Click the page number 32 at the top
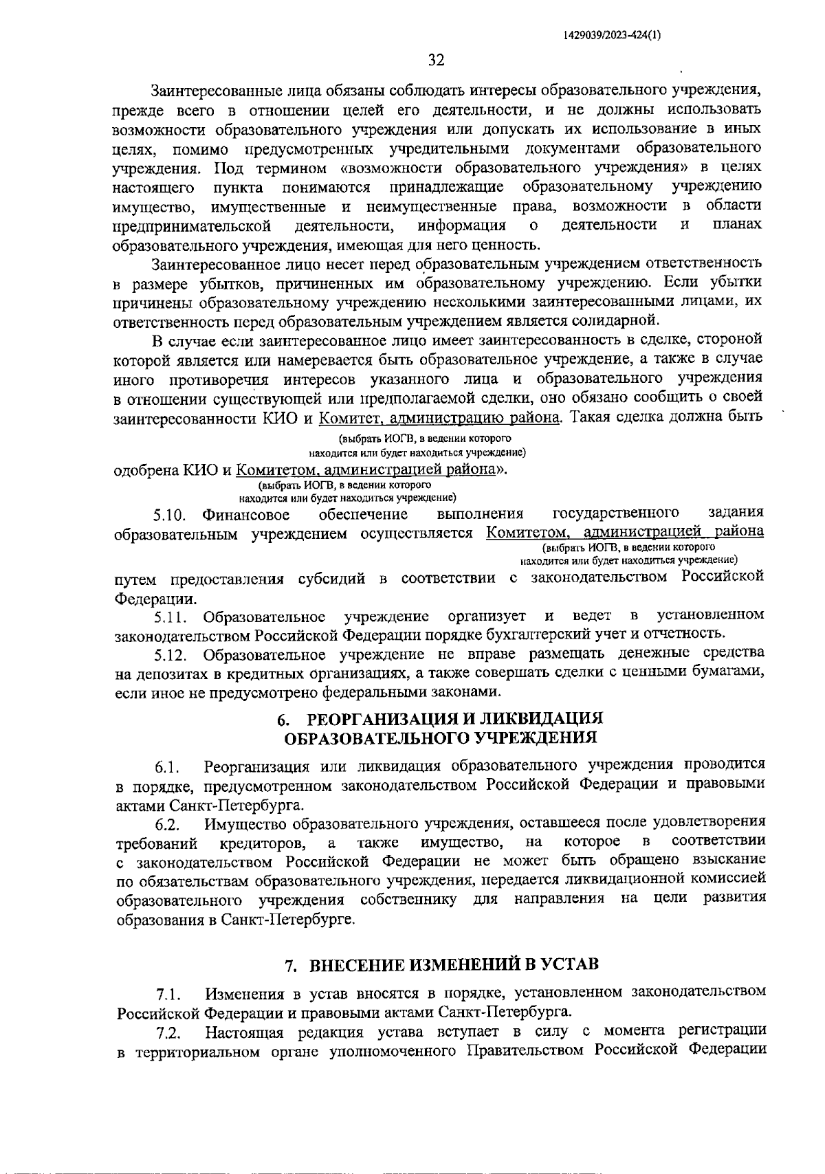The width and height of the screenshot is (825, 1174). (436, 60)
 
